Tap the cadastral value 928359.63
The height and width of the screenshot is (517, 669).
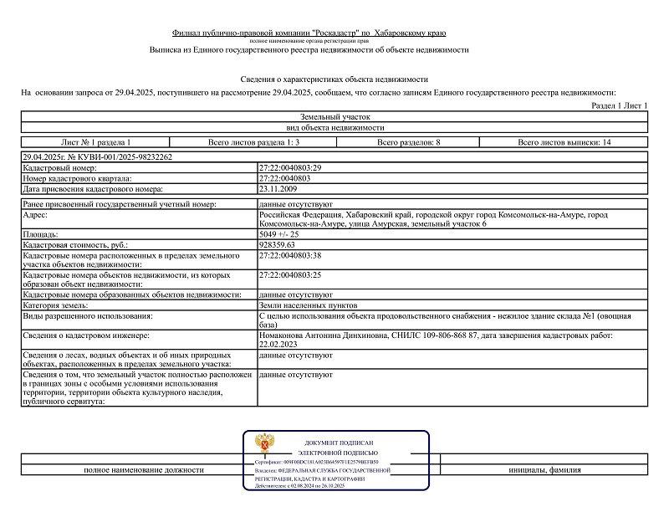pos(283,244)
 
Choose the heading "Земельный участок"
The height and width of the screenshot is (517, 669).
pos(334,117)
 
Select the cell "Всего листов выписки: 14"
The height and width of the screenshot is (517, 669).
pos(564,142)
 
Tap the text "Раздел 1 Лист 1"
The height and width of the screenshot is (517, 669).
pos(620,106)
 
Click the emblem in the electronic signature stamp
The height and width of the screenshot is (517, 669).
pos(267,443)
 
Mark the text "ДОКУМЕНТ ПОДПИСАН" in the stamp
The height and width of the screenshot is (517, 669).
pos(339,442)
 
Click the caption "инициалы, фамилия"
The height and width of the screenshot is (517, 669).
pos(544,469)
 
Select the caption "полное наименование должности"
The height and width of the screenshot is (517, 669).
pos(144,469)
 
